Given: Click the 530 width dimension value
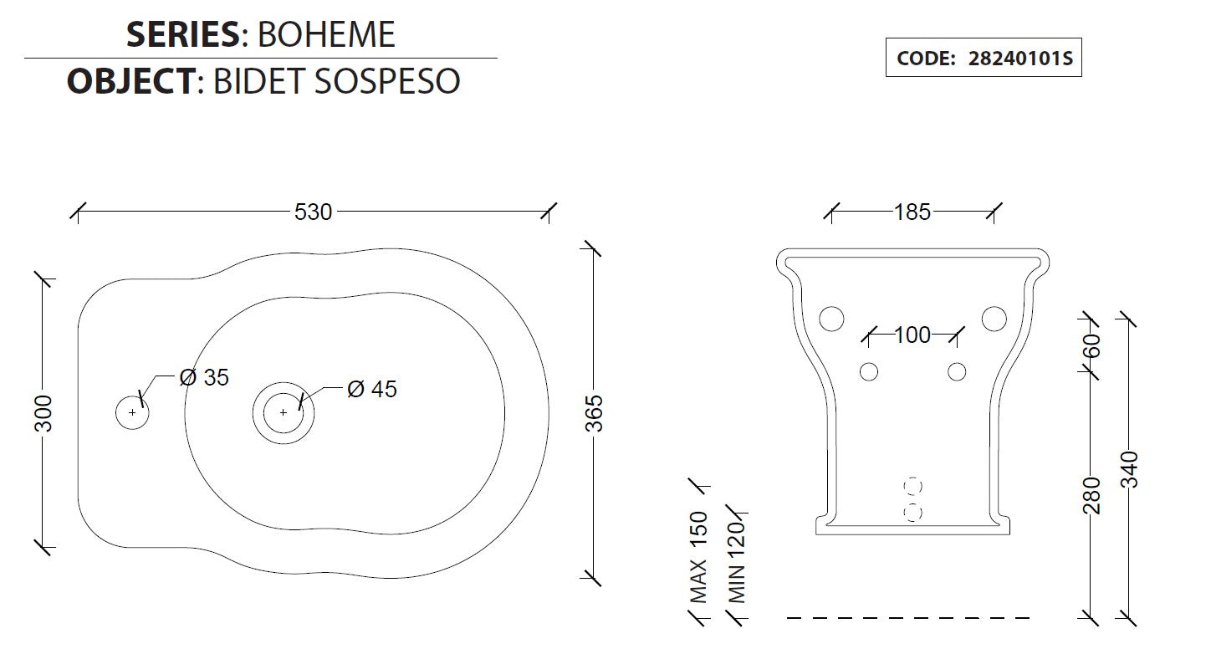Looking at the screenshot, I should [313, 212].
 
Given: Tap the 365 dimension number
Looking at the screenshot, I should [594, 412].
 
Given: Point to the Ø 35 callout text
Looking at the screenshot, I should [204, 378].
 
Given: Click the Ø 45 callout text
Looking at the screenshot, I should [372, 389].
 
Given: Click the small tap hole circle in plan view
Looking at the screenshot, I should [132, 412].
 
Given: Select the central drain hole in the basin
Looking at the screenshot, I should [283, 412].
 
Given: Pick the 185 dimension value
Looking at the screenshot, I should [912, 212].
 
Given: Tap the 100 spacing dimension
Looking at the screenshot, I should [912, 335].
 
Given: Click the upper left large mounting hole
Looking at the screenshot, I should [831, 319].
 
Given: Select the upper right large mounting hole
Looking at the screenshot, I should [994, 319].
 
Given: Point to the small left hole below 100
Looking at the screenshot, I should [869, 370].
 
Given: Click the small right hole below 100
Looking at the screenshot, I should [957, 370].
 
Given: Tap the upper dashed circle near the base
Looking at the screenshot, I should [913, 486].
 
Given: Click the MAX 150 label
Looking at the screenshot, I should [698, 557].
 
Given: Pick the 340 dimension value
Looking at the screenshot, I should [1128, 470].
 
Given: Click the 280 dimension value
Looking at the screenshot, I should [1091, 495].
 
